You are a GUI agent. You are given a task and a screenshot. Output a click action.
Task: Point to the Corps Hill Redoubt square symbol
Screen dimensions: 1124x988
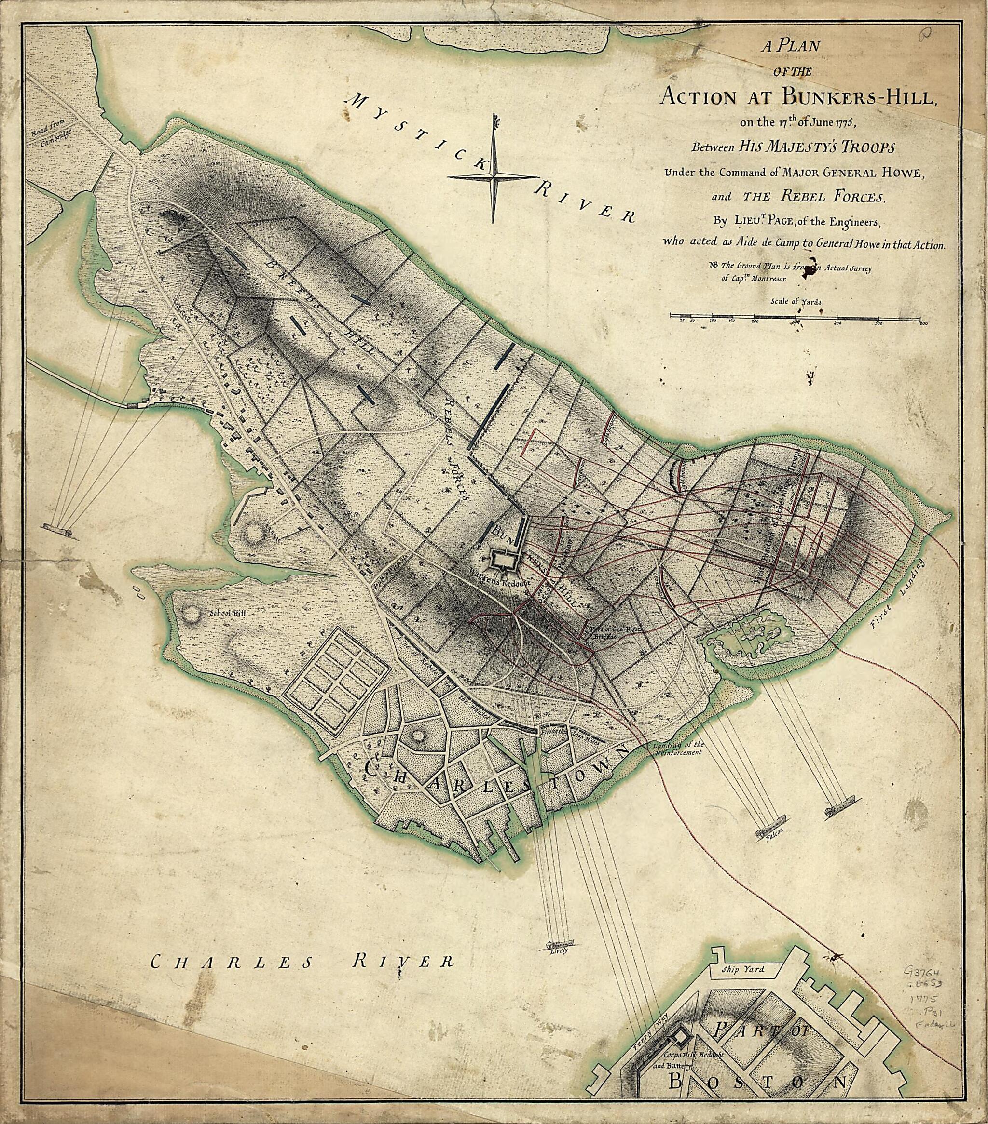click(x=681, y=1037)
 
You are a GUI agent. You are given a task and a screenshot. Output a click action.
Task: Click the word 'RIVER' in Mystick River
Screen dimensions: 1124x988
click(x=583, y=203)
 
